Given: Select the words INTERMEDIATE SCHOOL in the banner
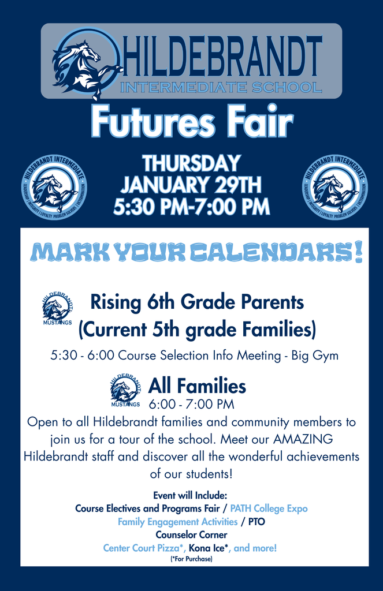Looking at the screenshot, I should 221,88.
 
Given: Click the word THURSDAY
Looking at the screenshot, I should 191,163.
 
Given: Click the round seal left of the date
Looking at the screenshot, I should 54,187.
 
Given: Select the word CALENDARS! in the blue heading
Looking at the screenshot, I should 275,252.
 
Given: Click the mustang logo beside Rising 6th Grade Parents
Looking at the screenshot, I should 57,308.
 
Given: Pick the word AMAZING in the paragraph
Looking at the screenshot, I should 303,439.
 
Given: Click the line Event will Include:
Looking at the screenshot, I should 190,495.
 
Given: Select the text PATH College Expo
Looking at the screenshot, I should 269,508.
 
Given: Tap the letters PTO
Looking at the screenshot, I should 256,522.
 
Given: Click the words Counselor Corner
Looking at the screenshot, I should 191,535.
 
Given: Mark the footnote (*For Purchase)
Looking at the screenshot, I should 191,559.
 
